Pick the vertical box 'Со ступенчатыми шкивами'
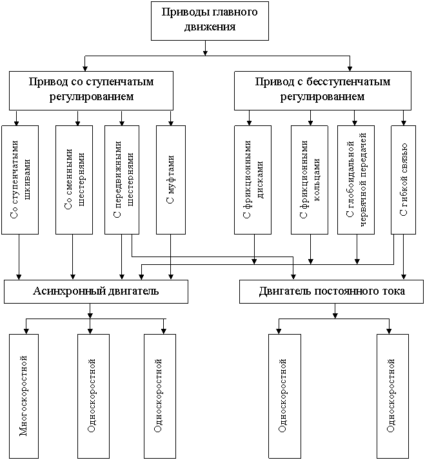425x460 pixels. tap(19, 179)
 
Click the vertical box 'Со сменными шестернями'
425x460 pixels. tap(74, 179)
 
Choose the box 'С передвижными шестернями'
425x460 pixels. tap(122, 179)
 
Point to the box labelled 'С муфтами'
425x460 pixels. tap(170, 179)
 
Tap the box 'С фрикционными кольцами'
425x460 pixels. tap(310, 179)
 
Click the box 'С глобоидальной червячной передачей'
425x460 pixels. tap(356, 179)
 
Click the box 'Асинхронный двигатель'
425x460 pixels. tap(95, 291)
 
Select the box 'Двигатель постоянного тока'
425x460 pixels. tap(331, 291)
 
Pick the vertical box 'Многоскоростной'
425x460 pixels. tap(24, 395)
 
